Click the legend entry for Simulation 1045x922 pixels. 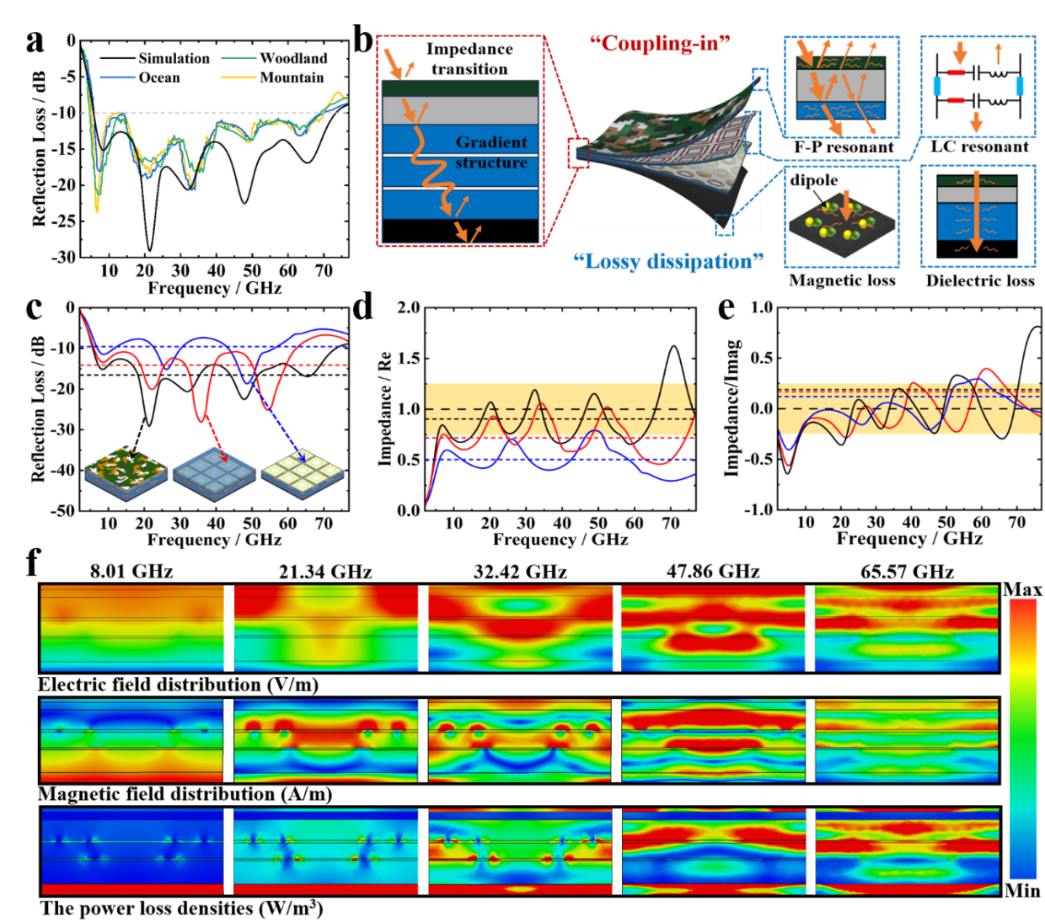[174, 58]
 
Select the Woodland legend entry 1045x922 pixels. [292, 58]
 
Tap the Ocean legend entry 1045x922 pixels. [159, 77]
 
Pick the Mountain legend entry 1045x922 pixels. [292, 77]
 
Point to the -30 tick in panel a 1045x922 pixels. [64, 257]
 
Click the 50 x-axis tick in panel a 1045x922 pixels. [252, 270]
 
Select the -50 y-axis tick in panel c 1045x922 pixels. [64, 510]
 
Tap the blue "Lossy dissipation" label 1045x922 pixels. [668, 261]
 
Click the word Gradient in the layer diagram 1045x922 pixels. [491, 142]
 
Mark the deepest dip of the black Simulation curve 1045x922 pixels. [150, 249]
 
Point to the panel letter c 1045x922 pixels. [35, 307]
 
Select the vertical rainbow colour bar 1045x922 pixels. [1023, 738]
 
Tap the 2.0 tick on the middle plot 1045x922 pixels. [409, 307]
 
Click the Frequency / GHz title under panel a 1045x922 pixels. [215, 288]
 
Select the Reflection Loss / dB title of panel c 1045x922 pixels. [39, 409]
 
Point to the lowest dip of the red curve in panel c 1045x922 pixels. [201, 420]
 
